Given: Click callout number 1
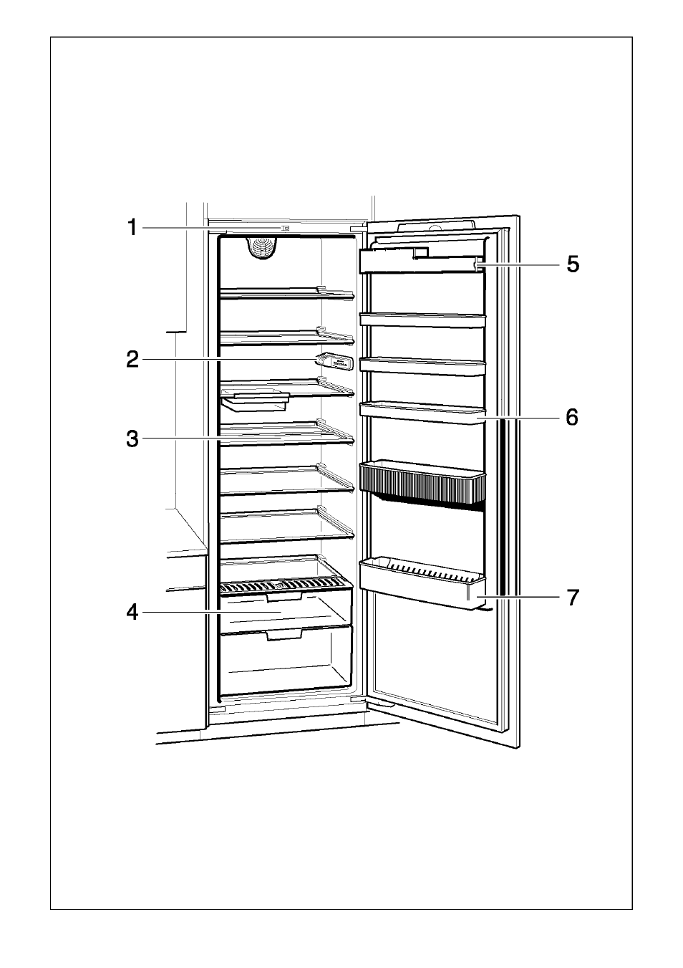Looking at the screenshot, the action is click(132, 227).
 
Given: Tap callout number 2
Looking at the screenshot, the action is click(132, 360).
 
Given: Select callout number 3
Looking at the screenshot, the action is click(132, 439).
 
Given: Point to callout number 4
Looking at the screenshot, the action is click(132, 613).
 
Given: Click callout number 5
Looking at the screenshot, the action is click(573, 264).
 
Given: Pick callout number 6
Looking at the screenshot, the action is click(572, 418).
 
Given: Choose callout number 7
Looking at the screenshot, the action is click(573, 598).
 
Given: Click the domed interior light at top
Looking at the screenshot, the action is click(263, 248).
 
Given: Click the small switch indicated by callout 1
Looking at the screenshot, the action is click(285, 228).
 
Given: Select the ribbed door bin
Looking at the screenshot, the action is click(422, 482).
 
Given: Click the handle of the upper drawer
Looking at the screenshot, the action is click(284, 598).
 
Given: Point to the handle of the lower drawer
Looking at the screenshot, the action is click(284, 634).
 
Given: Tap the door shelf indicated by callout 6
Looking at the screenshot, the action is click(422, 413).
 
